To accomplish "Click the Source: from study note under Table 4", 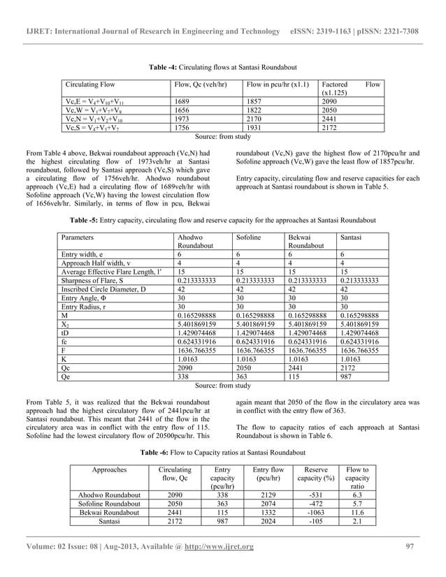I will [222, 137].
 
